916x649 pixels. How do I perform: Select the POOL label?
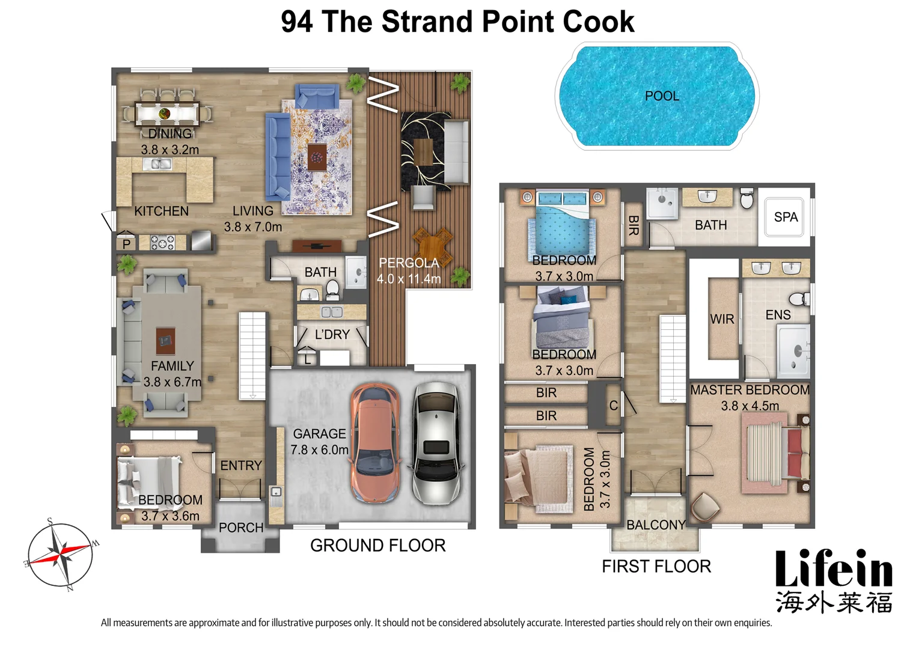(x=662, y=96)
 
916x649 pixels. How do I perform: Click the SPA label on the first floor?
(x=786, y=217)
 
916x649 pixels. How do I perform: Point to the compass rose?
(x=60, y=555)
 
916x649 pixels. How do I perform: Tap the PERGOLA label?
(x=409, y=263)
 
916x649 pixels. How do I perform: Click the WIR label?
(x=722, y=319)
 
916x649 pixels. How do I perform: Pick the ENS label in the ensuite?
(x=778, y=315)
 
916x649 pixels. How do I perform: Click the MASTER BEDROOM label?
(x=750, y=390)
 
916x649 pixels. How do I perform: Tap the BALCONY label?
(x=656, y=525)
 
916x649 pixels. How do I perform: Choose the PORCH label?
(x=241, y=528)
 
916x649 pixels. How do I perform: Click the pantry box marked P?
(x=126, y=243)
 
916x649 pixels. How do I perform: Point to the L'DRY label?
(x=332, y=335)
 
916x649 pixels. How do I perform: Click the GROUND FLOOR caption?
(x=377, y=546)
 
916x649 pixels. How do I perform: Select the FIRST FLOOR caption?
(x=656, y=566)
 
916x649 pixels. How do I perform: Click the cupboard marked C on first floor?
(x=613, y=406)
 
